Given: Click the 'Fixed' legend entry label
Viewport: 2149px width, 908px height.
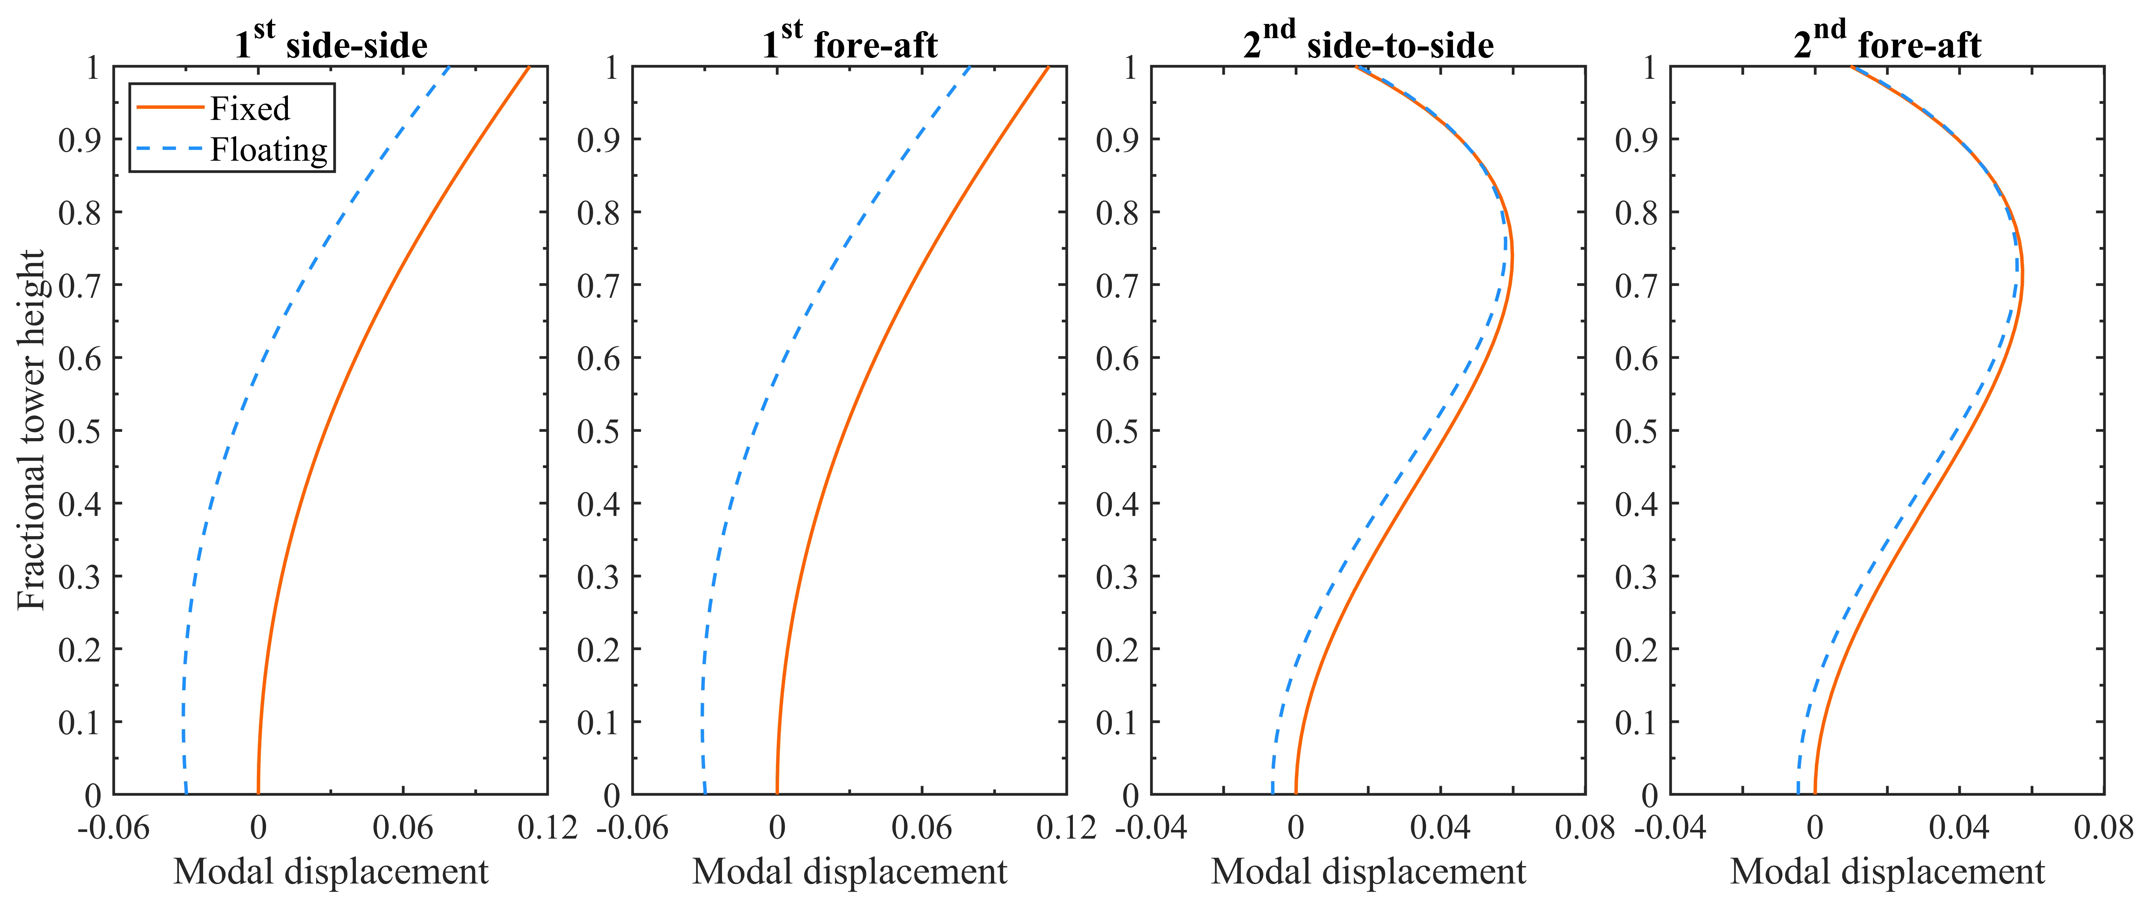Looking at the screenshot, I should point(249,108).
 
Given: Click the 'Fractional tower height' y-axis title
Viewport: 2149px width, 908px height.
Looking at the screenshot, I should point(32,430).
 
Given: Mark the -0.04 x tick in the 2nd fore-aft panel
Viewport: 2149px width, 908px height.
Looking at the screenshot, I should point(1670,828).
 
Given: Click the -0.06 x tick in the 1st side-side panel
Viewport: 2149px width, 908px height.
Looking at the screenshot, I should point(114,828).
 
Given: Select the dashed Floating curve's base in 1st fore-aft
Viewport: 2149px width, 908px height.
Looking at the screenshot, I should point(705,792).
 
